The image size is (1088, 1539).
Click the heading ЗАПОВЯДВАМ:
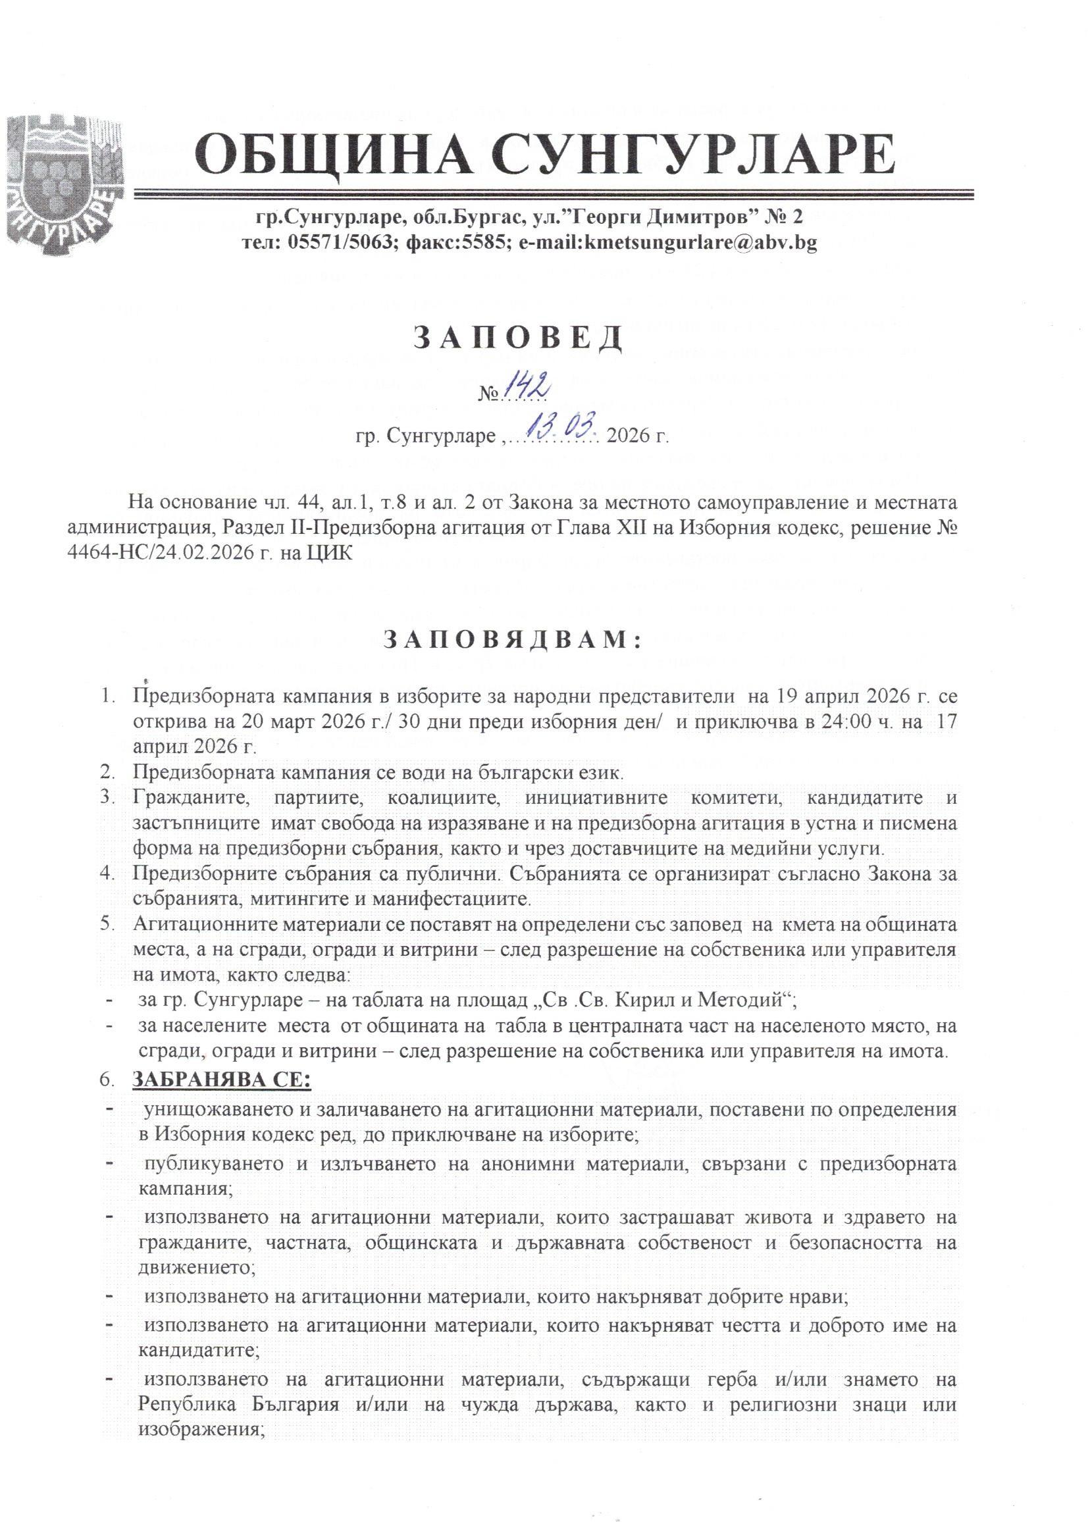[x=512, y=642]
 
